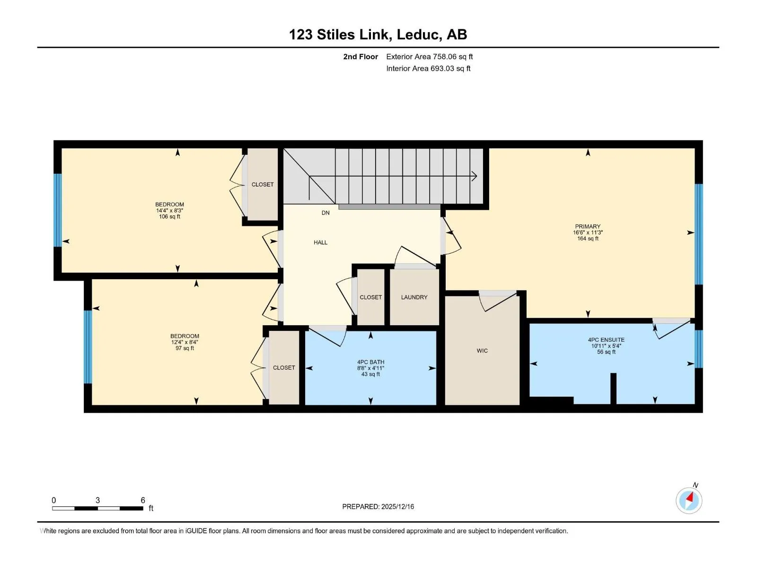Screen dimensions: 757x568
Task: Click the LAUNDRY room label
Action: pos(414,297)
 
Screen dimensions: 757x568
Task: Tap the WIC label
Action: pos(482,351)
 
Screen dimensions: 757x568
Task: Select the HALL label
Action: pos(320,242)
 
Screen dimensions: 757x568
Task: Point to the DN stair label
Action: pos(325,213)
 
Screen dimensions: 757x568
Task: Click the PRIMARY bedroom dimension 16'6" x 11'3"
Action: pos(588,232)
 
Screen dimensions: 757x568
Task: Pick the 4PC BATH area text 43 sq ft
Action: pos(370,374)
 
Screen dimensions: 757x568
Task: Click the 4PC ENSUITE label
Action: pos(606,340)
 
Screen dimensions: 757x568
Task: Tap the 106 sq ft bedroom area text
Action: pos(169,217)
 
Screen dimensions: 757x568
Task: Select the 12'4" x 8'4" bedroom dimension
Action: pos(185,342)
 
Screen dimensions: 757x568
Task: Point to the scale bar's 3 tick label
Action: pos(97,500)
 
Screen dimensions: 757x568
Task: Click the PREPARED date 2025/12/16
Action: pos(397,506)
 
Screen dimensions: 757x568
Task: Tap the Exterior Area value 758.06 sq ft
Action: pos(453,56)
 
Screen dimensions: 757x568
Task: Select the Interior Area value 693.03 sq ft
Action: pos(450,68)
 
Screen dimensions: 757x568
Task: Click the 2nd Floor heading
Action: pos(361,56)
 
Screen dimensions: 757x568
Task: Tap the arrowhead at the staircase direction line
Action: pos(475,176)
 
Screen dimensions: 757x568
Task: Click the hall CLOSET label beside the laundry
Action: pos(370,297)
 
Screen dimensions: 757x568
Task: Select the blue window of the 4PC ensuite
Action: pos(698,349)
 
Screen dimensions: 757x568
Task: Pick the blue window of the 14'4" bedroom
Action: pos(58,210)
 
